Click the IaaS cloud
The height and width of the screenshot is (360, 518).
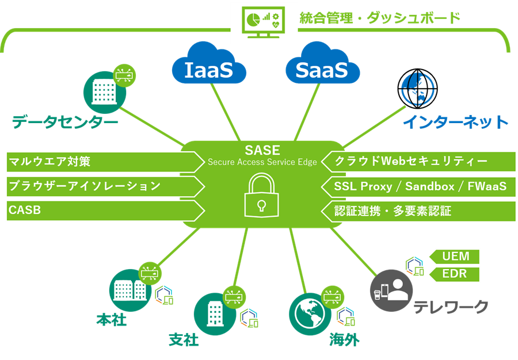point(208,68)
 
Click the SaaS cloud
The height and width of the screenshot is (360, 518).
point(322,68)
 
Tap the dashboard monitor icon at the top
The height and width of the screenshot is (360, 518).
point(264,22)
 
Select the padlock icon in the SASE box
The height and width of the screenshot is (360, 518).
point(262,195)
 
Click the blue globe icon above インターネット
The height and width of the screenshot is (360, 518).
point(417,88)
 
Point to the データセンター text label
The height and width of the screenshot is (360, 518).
point(65,121)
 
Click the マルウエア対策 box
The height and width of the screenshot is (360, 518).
point(104,162)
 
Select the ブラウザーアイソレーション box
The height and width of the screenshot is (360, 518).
point(104,186)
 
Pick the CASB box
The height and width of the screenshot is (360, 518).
point(104,210)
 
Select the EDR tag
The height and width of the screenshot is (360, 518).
point(455,274)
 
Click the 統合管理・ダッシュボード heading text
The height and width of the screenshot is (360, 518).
point(380,18)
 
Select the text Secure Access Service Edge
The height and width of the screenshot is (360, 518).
point(262,163)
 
